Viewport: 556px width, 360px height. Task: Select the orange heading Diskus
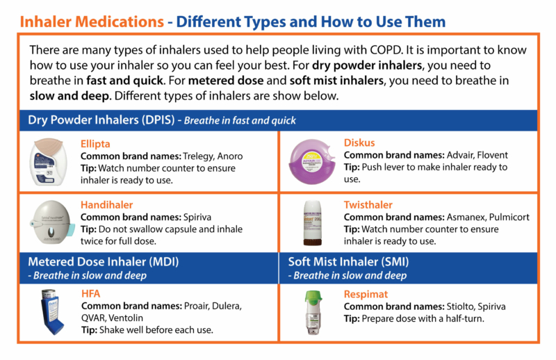click(x=359, y=144)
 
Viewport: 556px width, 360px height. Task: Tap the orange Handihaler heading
click(x=108, y=204)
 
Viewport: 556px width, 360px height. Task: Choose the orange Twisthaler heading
click(x=368, y=205)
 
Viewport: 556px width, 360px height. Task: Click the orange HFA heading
click(x=91, y=294)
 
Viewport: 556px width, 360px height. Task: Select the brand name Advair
click(x=458, y=155)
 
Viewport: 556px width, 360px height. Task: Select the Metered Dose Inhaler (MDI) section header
click(x=104, y=262)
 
